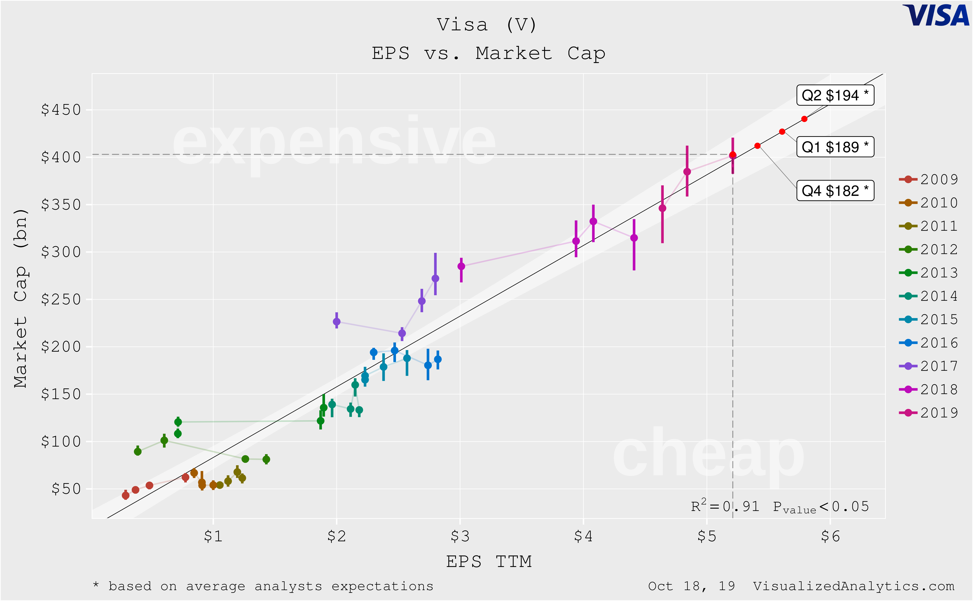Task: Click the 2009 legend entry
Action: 928,179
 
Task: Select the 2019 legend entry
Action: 928,413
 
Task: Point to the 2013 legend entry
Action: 928,273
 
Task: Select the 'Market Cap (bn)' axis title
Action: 21,298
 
